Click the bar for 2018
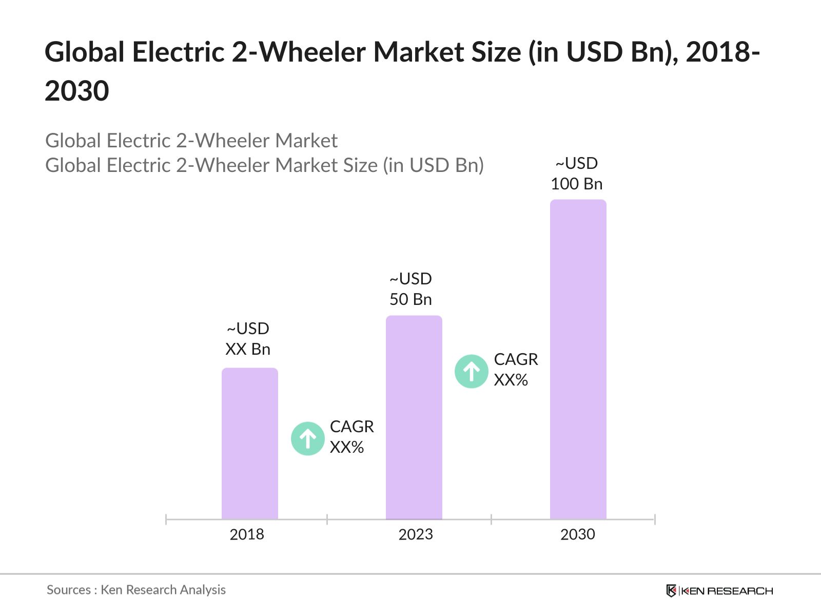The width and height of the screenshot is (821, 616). pyautogui.click(x=249, y=444)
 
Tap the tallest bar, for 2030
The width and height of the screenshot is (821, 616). pyautogui.click(x=578, y=359)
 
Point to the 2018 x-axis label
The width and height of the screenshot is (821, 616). pyautogui.click(x=247, y=534)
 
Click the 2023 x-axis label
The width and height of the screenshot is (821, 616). pyautogui.click(x=416, y=534)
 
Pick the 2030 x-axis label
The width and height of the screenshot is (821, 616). pyautogui.click(x=577, y=534)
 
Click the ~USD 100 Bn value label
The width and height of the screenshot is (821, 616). pyautogui.click(x=577, y=174)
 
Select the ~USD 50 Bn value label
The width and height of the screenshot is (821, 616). pyautogui.click(x=411, y=289)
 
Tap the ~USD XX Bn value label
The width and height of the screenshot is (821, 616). pyautogui.click(x=248, y=339)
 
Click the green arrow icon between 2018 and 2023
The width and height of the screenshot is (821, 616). pyautogui.click(x=307, y=438)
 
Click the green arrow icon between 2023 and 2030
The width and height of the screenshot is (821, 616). pyautogui.click(x=471, y=371)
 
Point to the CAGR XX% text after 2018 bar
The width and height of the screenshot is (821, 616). pyautogui.click(x=351, y=437)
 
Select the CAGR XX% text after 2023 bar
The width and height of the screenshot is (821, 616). pyautogui.click(x=516, y=370)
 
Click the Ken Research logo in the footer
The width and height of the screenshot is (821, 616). pyautogui.click(x=719, y=591)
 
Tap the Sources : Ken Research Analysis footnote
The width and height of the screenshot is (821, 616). pyautogui.click(x=136, y=590)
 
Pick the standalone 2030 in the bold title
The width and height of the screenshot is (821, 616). pyautogui.click(x=77, y=91)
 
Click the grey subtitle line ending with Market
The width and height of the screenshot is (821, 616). pyautogui.click(x=191, y=141)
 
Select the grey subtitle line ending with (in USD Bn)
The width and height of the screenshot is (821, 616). pyautogui.click(x=264, y=165)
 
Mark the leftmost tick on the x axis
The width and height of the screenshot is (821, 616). pyautogui.click(x=166, y=519)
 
